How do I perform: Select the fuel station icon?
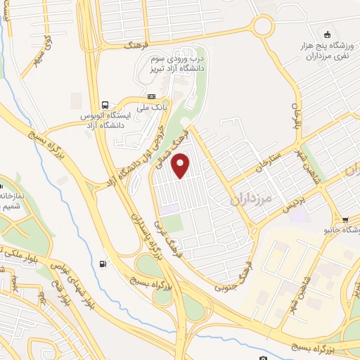(105, 264)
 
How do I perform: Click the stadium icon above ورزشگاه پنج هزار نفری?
(326, 35)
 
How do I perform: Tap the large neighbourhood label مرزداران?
(250, 199)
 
